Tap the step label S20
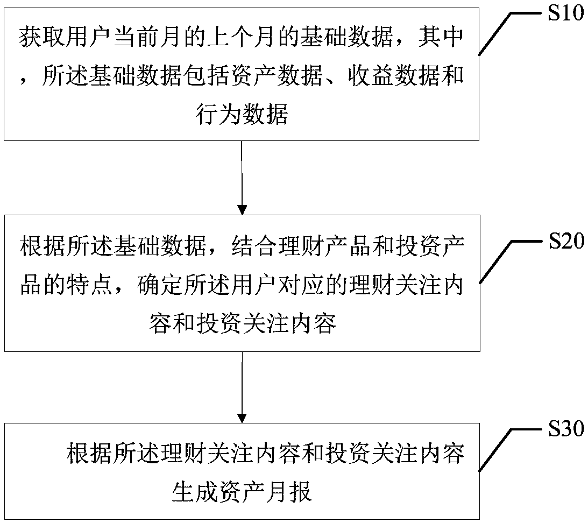[565, 242]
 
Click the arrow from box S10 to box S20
[242, 178]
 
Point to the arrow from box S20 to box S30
[242, 387]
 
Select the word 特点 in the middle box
[90, 285]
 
